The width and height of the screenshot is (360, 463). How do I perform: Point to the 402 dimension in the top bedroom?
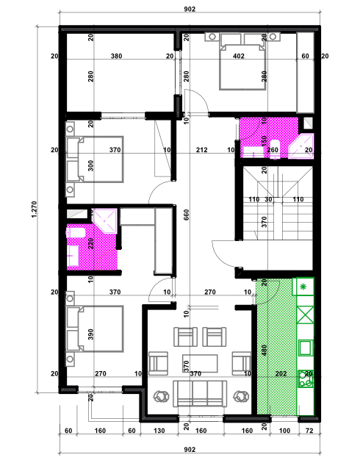238,56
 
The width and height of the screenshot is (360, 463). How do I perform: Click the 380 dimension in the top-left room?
116,56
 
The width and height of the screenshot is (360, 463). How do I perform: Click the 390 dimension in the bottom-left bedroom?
91,334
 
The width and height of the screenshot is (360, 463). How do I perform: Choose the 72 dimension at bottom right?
309,432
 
